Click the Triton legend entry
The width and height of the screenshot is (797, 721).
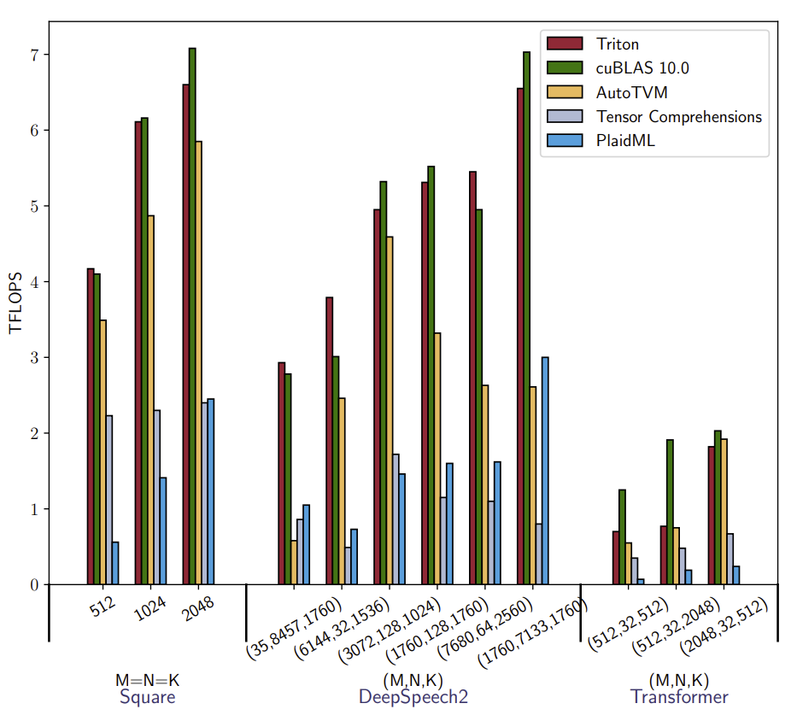click(618, 44)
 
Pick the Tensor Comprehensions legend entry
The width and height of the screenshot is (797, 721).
click(679, 116)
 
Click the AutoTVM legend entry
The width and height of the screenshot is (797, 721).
click(632, 91)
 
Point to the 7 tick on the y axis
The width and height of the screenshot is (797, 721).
click(34, 55)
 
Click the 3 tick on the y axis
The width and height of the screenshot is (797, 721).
click(34, 357)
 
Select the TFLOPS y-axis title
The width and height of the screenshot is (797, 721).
click(15, 303)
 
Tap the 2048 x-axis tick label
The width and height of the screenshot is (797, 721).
click(198, 609)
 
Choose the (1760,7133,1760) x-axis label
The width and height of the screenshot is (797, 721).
click(533, 633)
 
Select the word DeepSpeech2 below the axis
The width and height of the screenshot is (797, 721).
click(413, 697)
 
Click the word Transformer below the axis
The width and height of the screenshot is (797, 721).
click(679, 697)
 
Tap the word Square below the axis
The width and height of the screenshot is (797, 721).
click(148, 697)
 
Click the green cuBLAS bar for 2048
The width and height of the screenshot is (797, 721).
click(192, 316)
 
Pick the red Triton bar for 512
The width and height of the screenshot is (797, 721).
click(91, 426)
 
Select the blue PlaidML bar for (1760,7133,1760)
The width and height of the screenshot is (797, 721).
click(545, 471)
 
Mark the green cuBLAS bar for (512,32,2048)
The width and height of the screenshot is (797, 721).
click(671, 512)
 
